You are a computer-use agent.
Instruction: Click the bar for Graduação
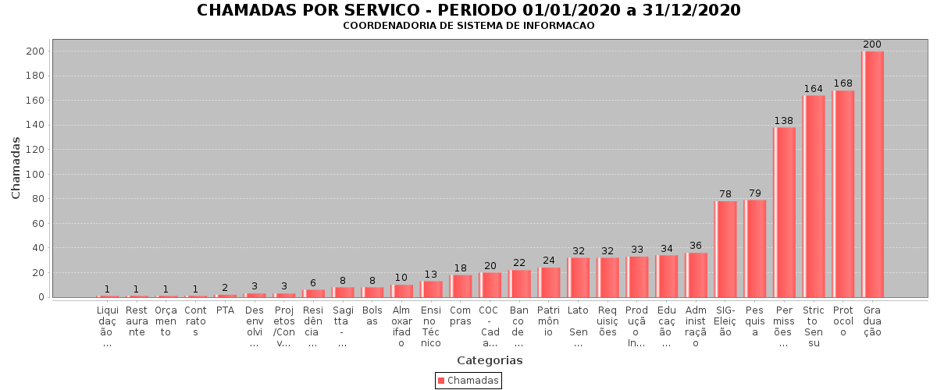(x=872, y=174)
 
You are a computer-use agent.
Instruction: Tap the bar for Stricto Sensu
(x=814, y=196)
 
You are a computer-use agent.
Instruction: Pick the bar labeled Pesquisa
(x=755, y=248)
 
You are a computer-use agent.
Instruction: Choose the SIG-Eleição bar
(x=725, y=249)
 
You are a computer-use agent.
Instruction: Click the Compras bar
(x=461, y=285)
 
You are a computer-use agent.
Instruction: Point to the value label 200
(x=872, y=44)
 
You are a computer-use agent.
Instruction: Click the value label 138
(x=784, y=121)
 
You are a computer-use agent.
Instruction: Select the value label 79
(x=755, y=193)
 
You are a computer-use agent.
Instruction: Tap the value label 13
(x=431, y=275)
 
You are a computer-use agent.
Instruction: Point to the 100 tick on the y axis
(x=34, y=174)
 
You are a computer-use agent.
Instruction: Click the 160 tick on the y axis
(x=34, y=101)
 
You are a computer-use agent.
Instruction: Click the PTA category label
(x=225, y=310)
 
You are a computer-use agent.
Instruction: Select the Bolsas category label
(x=372, y=316)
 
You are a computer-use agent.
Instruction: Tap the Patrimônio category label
(x=549, y=321)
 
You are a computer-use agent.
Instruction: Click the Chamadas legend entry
(x=468, y=381)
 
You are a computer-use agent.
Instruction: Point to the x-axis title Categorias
(x=490, y=360)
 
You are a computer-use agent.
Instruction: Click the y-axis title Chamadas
(x=16, y=167)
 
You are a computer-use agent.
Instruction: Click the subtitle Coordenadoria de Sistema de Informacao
(x=468, y=26)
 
